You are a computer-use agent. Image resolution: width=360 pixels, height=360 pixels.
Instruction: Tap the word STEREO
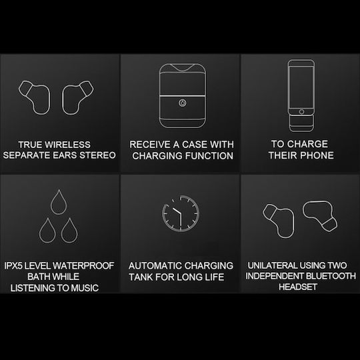(x=97, y=155)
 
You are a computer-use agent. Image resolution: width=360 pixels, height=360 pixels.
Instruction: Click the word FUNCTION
(x=209, y=156)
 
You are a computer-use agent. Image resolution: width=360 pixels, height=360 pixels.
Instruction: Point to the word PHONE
(x=317, y=155)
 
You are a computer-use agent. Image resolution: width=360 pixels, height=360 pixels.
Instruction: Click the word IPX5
(x=13, y=266)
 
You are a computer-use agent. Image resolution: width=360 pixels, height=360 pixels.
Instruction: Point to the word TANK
(x=140, y=277)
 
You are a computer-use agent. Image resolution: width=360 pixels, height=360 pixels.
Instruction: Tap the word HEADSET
(x=298, y=287)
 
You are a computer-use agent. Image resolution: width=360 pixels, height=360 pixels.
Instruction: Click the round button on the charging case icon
(x=183, y=103)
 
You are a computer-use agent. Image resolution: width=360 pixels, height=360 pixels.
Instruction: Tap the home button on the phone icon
(x=302, y=112)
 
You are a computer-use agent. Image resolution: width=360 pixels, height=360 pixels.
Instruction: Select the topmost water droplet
(x=59, y=202)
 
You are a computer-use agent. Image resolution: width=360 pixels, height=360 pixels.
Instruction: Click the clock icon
(x=181, y=213)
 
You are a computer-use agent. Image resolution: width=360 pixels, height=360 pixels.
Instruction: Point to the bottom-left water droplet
(x=47, y=230)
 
